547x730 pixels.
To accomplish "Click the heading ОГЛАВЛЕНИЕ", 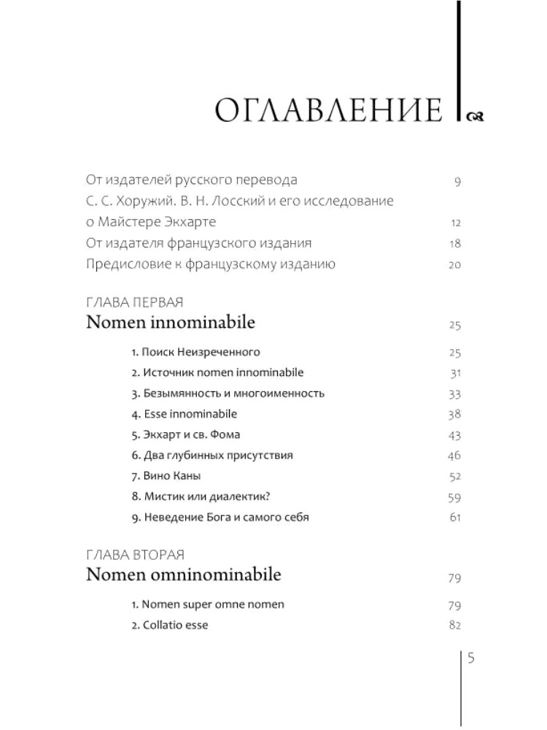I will (330, 112).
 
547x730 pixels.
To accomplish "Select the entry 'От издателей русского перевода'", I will (191, 180).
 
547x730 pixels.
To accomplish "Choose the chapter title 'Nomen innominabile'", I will (171, 322).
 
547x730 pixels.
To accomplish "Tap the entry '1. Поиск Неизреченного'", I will (195, 353).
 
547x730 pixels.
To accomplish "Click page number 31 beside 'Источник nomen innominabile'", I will (455, 374).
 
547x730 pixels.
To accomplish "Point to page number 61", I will (455, 518).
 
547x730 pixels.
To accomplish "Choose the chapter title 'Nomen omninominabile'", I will (184, 575).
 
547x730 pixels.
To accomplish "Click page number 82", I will (455, 626).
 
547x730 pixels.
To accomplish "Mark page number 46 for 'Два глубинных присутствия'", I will (455, 456).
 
